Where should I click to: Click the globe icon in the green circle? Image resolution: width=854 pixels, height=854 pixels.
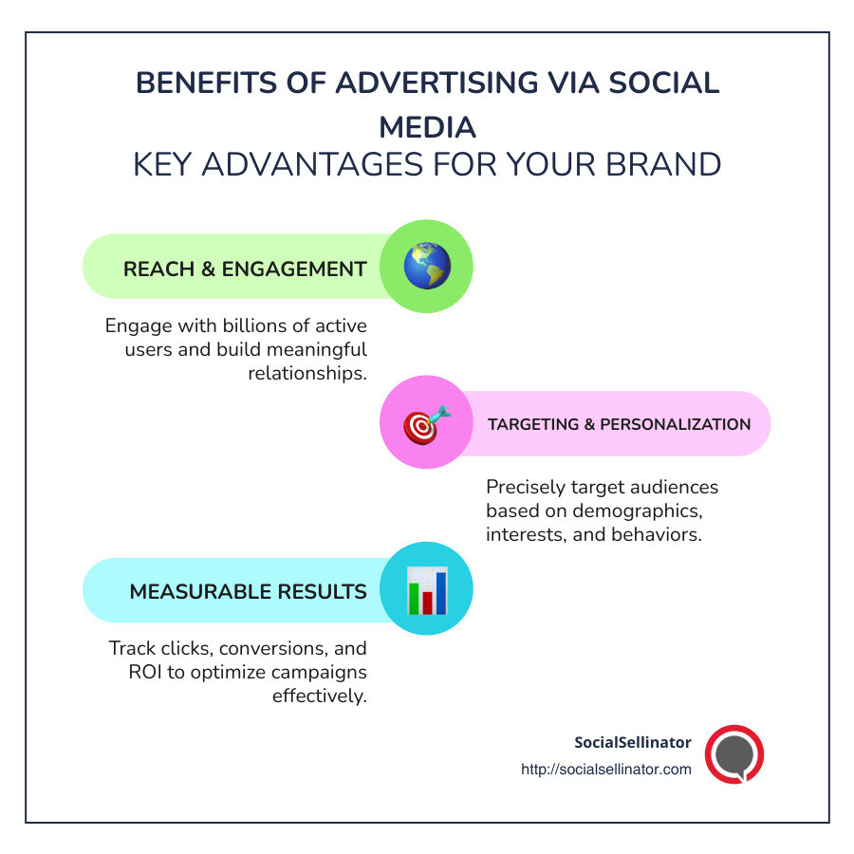[x=426, y=267]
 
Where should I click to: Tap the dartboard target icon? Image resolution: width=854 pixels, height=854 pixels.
[x=426, y=423]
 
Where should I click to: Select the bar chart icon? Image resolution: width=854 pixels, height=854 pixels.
[x=426, y=590]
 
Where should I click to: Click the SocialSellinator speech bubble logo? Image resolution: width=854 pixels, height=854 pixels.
[x=734, y=754]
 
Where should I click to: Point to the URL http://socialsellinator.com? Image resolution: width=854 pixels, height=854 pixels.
[x=606, y=770]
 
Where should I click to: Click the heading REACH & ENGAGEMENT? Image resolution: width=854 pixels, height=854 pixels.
[x=245, y=269]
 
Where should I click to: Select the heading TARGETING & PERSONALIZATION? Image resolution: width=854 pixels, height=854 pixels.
[x=619, y=424]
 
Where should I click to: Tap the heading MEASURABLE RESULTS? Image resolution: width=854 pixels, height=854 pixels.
[x=248, y=592]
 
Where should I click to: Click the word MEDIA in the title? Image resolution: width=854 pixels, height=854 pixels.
[x=427, y=126]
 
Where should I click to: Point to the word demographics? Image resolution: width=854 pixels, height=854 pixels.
[x=639, y=511]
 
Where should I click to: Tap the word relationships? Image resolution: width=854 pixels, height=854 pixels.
[x=307, y=372]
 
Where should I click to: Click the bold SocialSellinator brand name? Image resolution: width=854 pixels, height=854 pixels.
[x=633, y=741]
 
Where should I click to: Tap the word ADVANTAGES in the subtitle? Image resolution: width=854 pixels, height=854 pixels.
[x=308, y=164]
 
